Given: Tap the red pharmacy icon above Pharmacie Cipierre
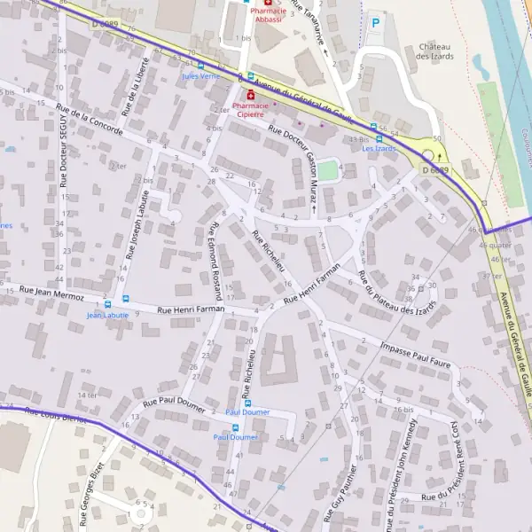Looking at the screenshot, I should [251, 94].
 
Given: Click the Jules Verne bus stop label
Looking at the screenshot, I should [200, 76].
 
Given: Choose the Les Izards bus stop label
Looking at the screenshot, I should [379, 148].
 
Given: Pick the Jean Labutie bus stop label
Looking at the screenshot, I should [107, 315].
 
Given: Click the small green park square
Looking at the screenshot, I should [328, 168].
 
